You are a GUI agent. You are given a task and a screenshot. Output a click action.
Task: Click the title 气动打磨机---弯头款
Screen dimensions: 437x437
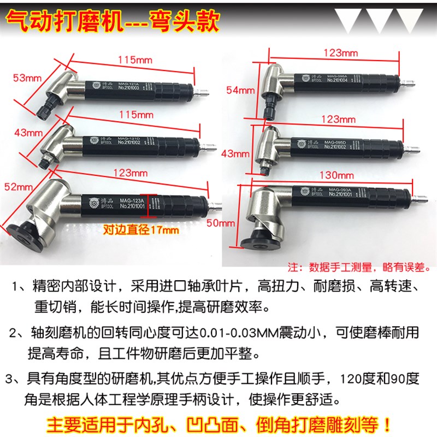pyautogui.click(x=113, y=22)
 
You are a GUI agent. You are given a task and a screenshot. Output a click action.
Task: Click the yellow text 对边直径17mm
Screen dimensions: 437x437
pyautogui.click(x=141, y=230)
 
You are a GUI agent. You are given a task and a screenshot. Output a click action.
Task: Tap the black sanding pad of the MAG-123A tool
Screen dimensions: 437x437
pyautogui.click(x=25, y=232)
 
